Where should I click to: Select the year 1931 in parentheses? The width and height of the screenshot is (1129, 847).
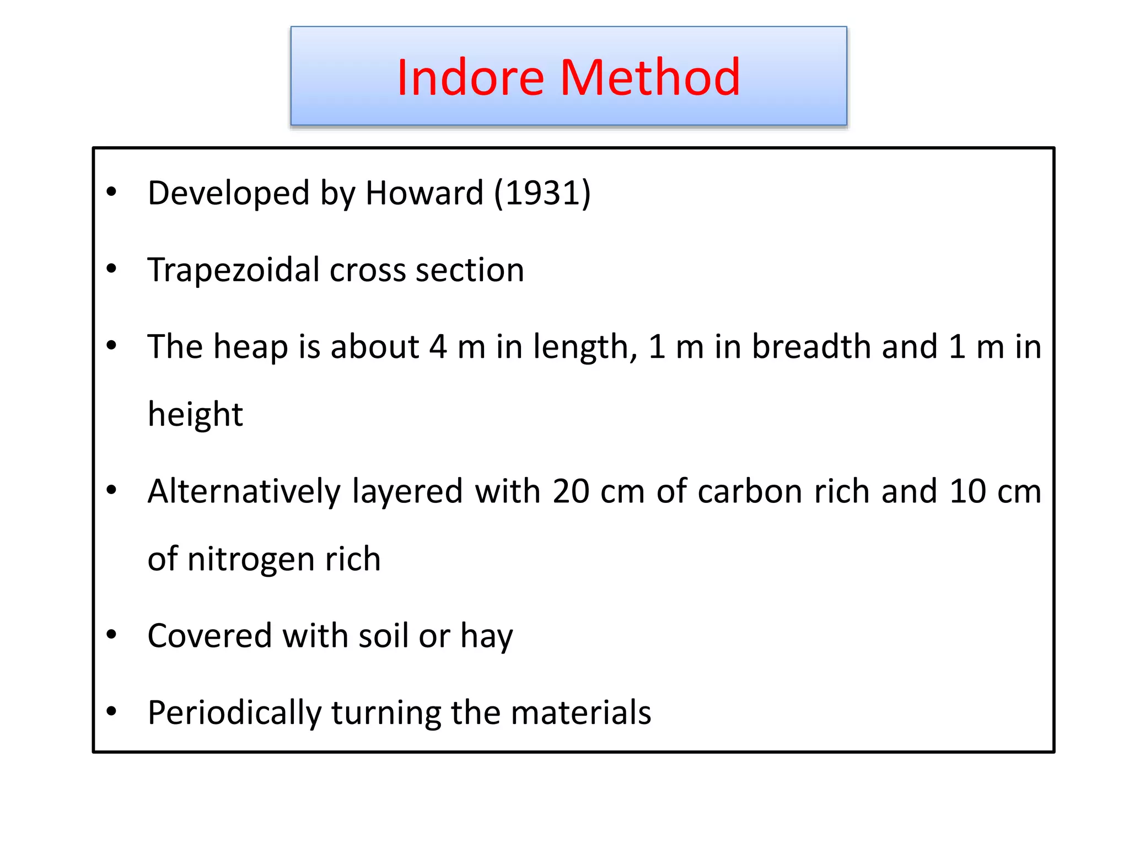[542, 193]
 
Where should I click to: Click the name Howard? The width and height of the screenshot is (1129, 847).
[424, 193]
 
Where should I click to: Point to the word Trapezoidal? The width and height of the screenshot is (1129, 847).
[234, 270]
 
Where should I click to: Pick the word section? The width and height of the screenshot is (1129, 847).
[469, 270]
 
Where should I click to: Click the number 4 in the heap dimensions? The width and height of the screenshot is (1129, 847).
[438, 347]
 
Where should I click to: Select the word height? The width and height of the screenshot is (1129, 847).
[195, 415]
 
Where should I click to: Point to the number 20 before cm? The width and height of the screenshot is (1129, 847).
[571, 491]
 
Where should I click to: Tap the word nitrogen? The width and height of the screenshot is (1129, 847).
[251, 559]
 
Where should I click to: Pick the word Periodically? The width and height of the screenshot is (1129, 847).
[234, 712]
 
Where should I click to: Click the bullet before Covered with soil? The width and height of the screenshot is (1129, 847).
[112, 635]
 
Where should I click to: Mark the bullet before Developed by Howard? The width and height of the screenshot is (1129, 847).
[112, 192]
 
